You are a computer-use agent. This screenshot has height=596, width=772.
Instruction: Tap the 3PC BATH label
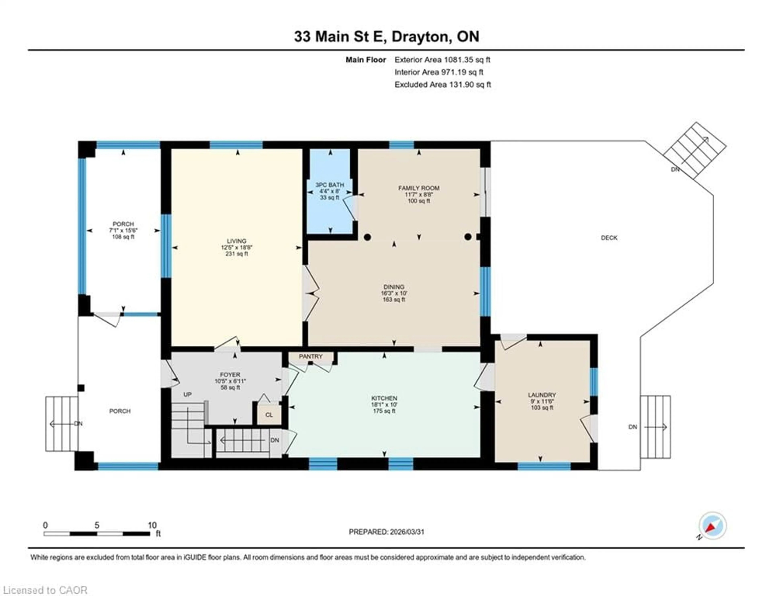[x=330, y=185]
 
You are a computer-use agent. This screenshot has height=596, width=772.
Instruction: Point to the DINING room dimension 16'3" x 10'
[x=394, y=293]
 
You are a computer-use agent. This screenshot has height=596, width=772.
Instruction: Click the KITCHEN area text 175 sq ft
[x=384, y=411]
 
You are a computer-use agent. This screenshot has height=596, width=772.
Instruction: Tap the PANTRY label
[x=311, y=356]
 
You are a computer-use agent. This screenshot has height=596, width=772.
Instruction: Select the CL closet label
[x=269, y=415]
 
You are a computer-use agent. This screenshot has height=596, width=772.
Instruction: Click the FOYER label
[x=230, y=375]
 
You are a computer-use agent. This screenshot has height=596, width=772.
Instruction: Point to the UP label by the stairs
[x=187, y=394]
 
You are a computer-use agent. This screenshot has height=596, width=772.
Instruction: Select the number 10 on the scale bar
[x=152, y=525]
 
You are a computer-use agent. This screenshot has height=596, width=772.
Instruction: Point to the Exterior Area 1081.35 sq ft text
[x=442, y=60]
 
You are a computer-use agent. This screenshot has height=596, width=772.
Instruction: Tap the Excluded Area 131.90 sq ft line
[x=442, y=84]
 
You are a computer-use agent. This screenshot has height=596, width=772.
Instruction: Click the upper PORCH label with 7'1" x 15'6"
[x=123, y=224]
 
